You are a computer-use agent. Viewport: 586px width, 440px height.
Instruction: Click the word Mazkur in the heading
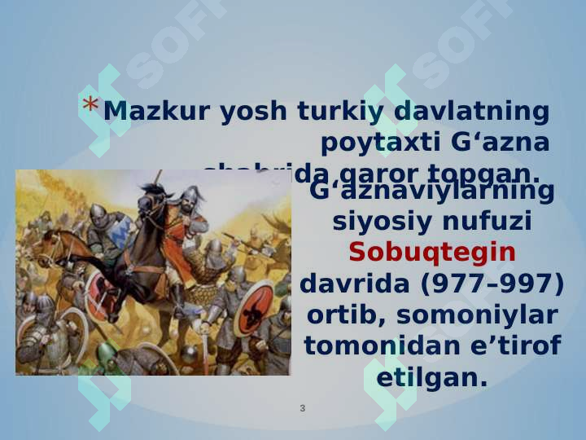click(x=146, y=112)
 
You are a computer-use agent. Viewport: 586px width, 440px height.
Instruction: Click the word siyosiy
click(x=381, y=221)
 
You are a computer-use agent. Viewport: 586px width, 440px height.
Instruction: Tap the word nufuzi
click(x=486, y=221)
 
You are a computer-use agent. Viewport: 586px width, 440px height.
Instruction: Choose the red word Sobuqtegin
click(x=432, y=253)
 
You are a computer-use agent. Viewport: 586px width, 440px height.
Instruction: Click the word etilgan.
click(x=432, y=377)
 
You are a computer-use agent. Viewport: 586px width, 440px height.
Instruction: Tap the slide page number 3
click(x=303, y=407)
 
